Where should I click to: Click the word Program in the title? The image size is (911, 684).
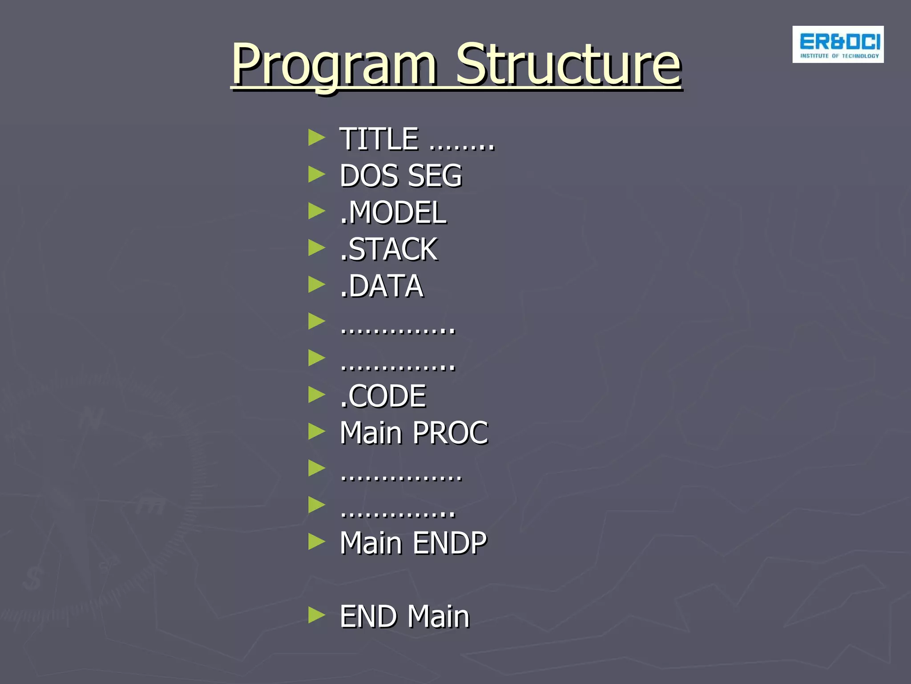(x=334, y=65)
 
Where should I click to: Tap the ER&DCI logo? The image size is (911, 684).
(x=838, y=45)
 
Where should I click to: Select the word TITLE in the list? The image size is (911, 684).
(x=379, y=139)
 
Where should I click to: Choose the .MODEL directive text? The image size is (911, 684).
(x=393, y=212)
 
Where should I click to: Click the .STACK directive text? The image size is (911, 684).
(x=389, y=249)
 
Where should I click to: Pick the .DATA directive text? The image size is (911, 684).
(x=382, y=286)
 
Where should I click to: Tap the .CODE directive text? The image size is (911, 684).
(x=383, y=396)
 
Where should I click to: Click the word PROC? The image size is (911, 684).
(x=451, y=433)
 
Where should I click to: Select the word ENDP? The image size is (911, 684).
(x=450, y=543)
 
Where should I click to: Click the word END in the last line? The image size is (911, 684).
(x=369, y=616)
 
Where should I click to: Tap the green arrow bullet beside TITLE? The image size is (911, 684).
(x=316, y=138)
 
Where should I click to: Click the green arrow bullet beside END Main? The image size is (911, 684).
(x=316, y=615)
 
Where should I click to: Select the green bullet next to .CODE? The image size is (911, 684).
(x=316, y=395)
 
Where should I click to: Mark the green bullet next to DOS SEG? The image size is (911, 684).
(x=316, y=174)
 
